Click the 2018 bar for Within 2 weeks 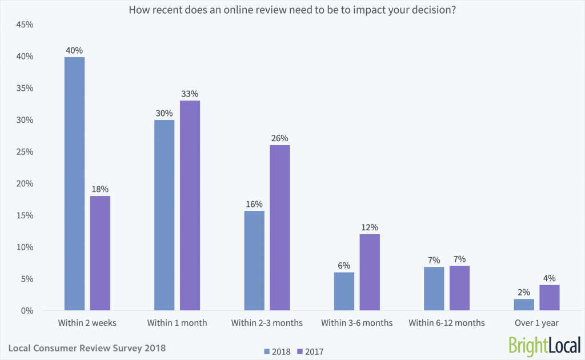click(x=74, y=184)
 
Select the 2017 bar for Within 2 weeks click(x=100, y=254)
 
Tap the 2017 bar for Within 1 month click(x=190, y=206)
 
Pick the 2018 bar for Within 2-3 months click(x=254, y=261)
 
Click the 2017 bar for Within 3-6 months click(x=370, y=273)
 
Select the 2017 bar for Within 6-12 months click(x=459, y=289)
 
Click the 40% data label click(x=74, y=50)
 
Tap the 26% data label click(x=279, y=138)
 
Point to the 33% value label click(x=190, y=94)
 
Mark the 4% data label click(x=549, y=278)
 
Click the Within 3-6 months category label click(x=356, y=323)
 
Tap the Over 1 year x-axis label click(x=536, y=323)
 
